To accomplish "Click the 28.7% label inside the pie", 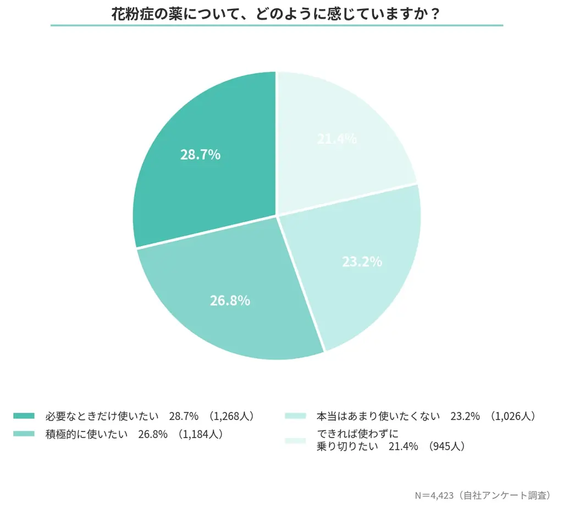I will coord(200,155).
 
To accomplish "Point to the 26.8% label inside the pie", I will coord(230,301).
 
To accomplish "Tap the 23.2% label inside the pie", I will coord(362,262).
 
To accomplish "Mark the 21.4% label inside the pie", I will coord(336,139).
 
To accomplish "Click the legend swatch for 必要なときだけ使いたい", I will coord(24,416).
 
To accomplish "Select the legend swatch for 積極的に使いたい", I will coord(24,434).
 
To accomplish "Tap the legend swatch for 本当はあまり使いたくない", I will coord(295,416).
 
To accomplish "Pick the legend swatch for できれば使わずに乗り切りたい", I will coord(295,440).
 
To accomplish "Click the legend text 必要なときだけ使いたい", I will coord(102,416).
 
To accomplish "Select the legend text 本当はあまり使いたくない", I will coord(379,416).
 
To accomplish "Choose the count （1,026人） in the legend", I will coord(511,416).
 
